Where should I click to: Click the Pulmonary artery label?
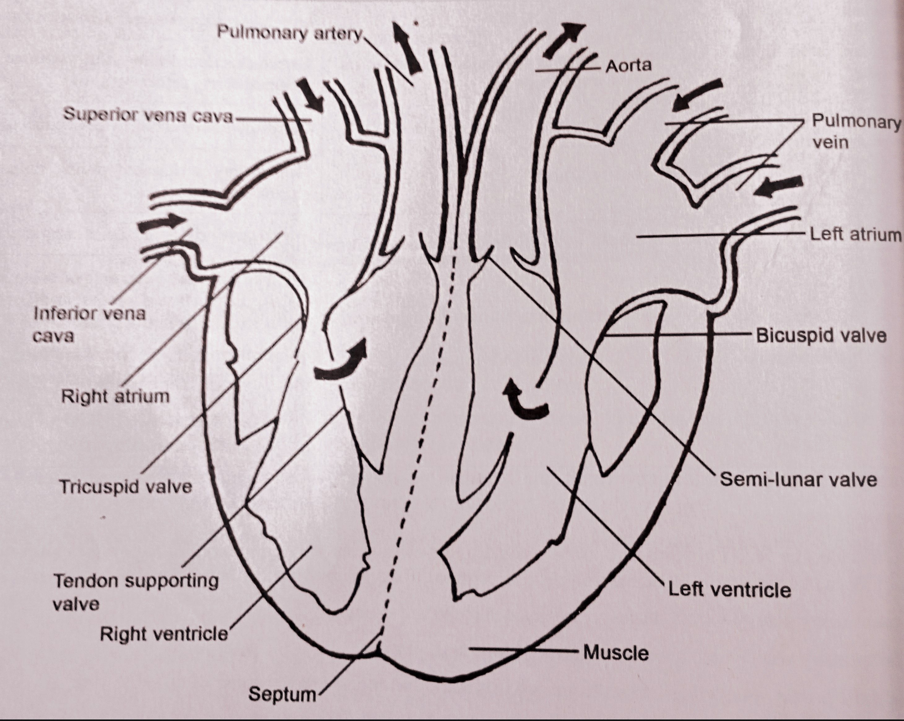(289, 32)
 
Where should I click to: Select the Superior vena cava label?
(148, 115)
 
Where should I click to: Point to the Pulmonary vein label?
(855, 132)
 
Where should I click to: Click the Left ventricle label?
(729, 590)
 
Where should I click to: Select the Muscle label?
(615, 653)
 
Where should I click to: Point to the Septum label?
(282, 694)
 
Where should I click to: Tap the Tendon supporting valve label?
(135, 592)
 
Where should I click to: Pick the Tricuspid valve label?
(126, 487)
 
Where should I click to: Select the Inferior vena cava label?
(89, 324)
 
